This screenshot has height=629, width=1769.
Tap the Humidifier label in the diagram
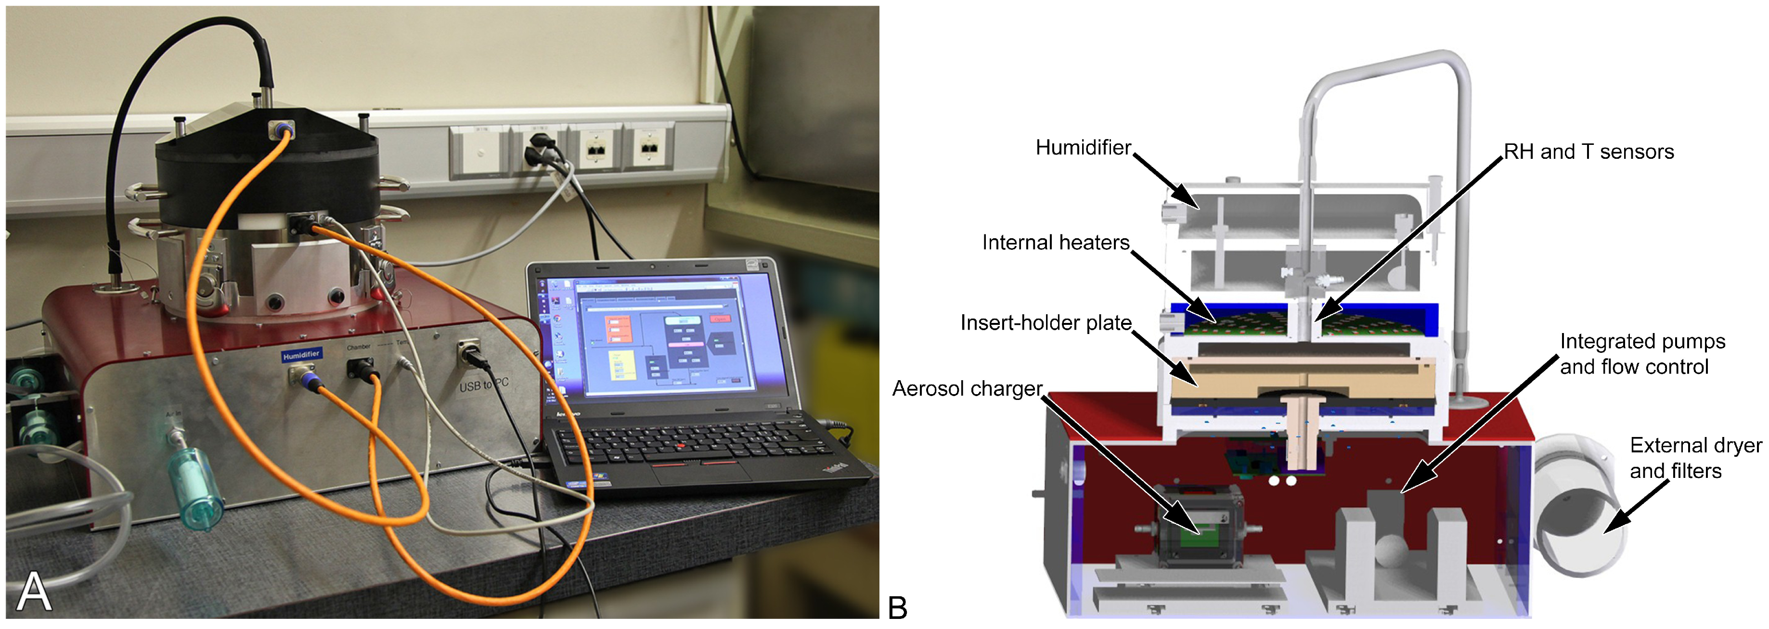click(1083, 148)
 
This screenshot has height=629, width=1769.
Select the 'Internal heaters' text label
click(1056, 243)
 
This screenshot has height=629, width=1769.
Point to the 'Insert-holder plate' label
click(1045, 323)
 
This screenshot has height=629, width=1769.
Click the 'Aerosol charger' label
click(967, 389)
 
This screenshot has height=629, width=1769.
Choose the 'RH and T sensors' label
click(1588, 152)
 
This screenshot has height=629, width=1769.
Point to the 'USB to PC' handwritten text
click(483, 385)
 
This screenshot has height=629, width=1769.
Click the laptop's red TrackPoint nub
click(681, 446)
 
